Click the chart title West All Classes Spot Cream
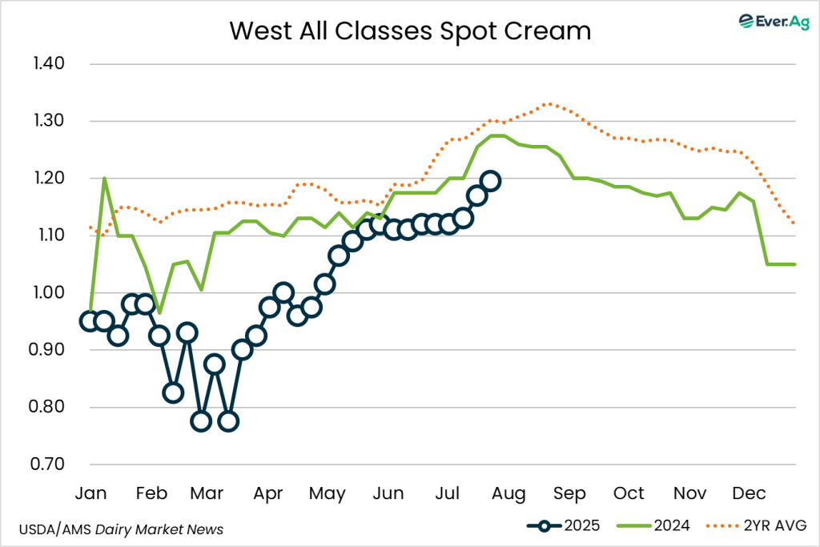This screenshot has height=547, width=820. pos(410,30)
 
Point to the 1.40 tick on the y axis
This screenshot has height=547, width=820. pos(50,64)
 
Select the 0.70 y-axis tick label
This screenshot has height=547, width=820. pos(50,465)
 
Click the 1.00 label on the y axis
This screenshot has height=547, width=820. pos(50,293)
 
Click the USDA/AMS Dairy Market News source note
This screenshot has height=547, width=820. pos(120,529)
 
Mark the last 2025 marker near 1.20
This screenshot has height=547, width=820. pos(490,181)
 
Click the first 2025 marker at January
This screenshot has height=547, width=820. pos(90,321)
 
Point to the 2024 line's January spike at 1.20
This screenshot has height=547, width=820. pos(104,179)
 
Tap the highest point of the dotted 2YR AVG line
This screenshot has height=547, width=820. pos(547,103)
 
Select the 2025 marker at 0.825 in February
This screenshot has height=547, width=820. pos(173,392)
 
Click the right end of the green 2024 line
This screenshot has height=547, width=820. pos(794,264)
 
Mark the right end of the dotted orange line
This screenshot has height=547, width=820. pos(794,224)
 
